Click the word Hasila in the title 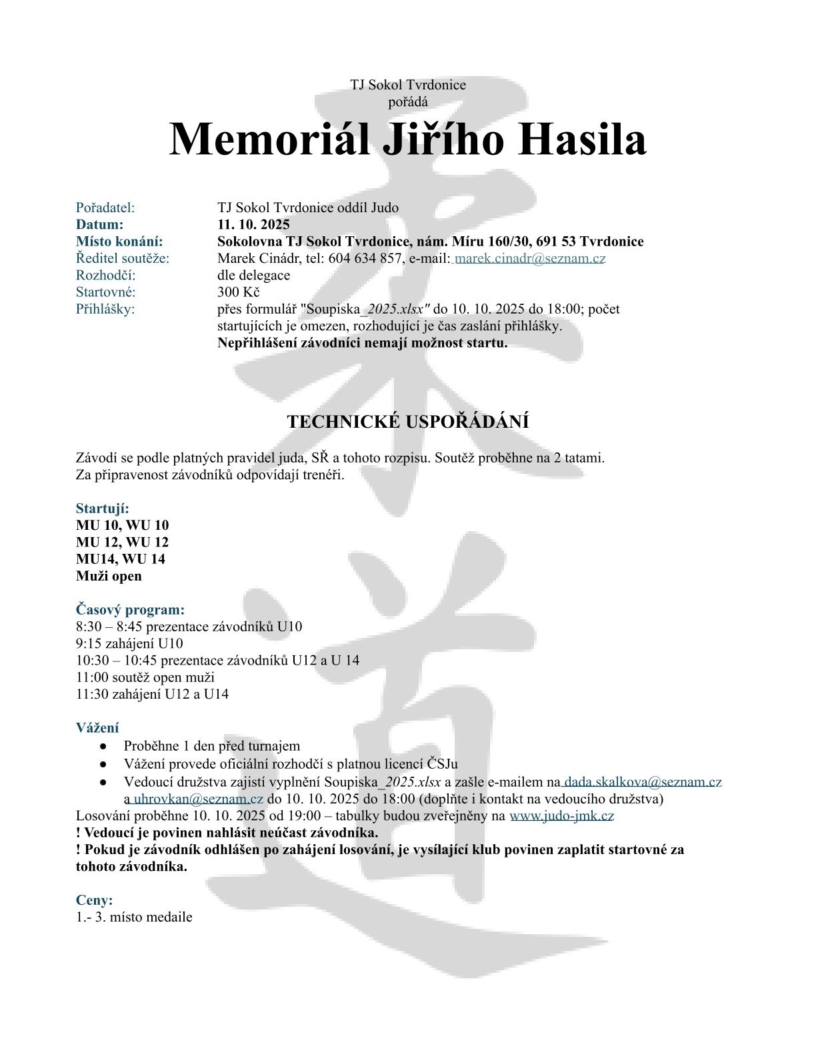583,139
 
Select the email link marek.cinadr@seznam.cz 530,258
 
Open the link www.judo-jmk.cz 561,815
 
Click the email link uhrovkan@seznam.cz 199,799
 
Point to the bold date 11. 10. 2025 253,224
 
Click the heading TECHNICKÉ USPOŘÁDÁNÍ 408,422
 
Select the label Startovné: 105,292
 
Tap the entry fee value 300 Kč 238,292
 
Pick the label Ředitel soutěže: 123,258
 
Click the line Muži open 109,576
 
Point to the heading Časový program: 130,609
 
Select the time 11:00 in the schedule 91,677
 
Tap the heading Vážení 97,728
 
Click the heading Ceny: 94,900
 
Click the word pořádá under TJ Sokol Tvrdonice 408,102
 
